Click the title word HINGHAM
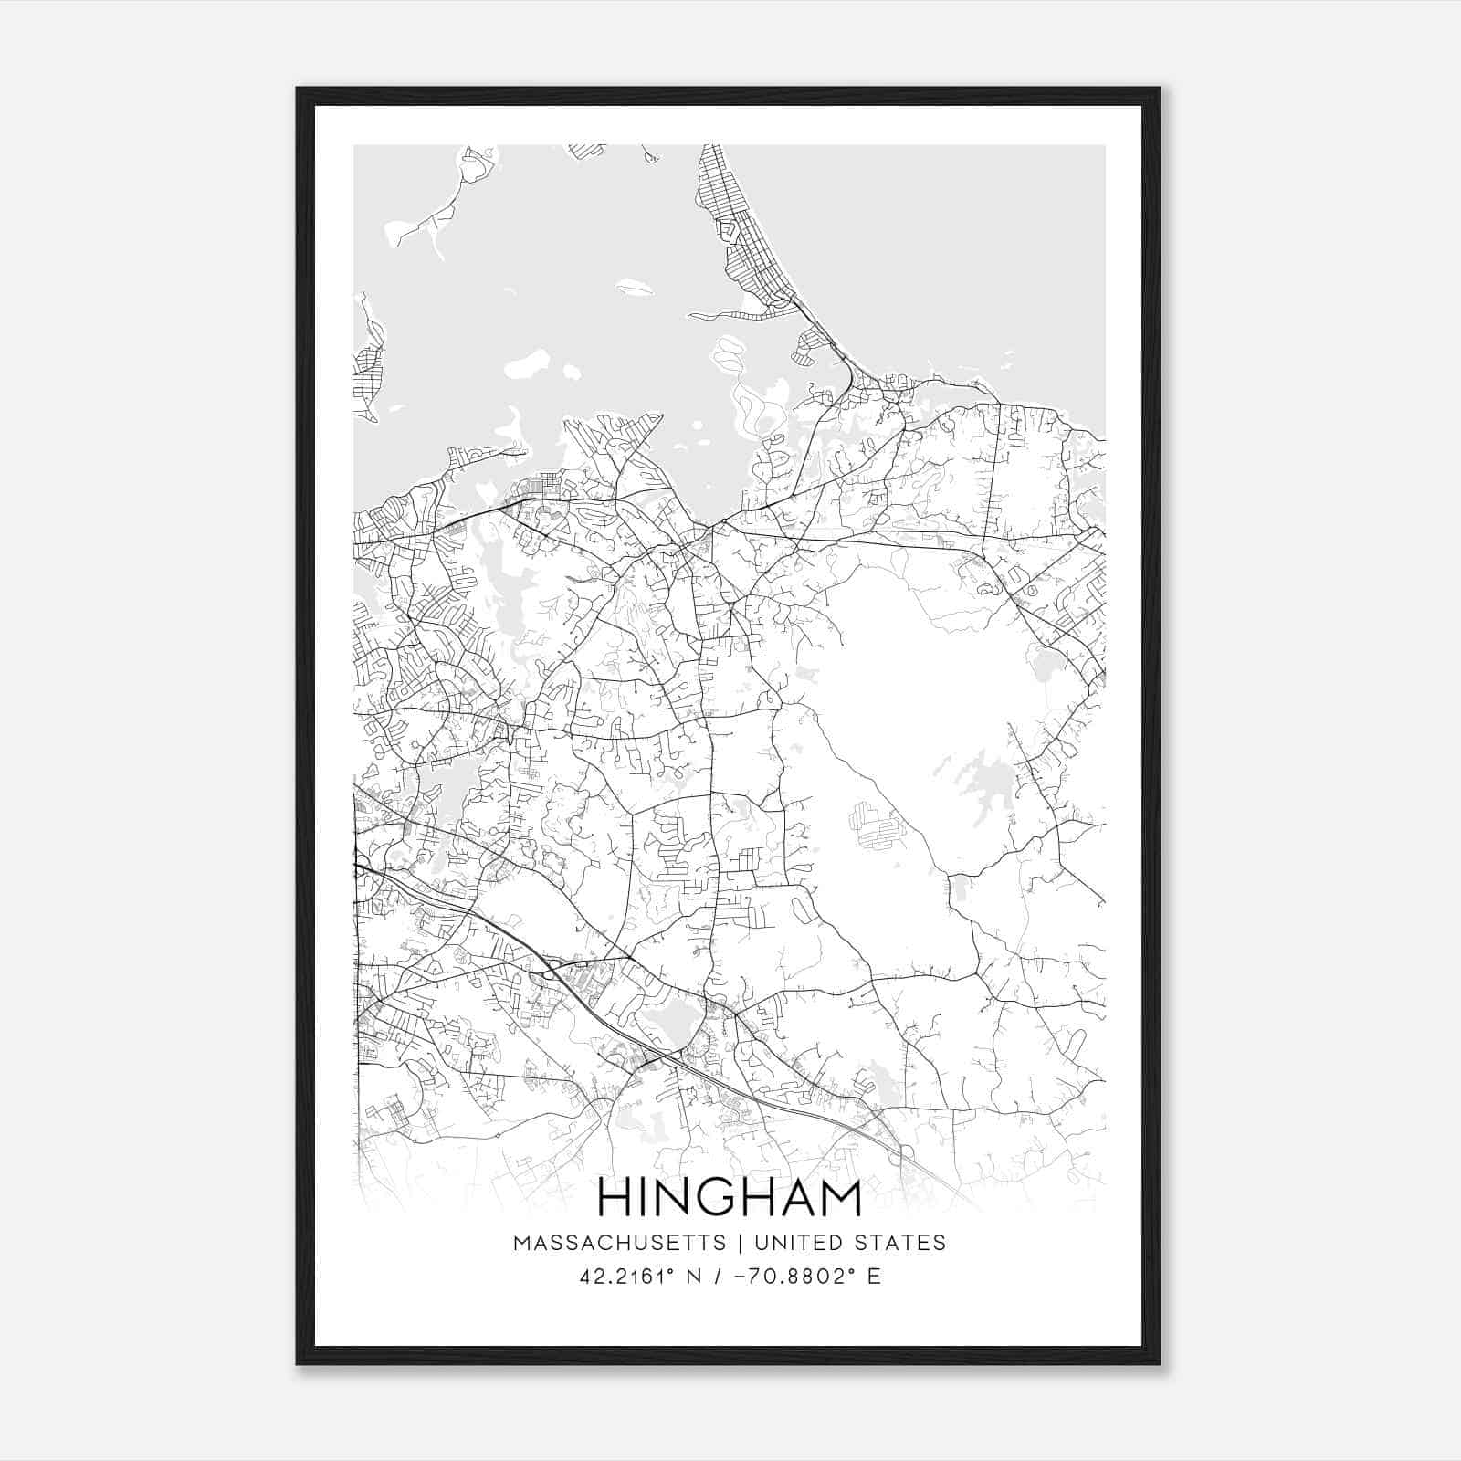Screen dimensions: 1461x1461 730,1199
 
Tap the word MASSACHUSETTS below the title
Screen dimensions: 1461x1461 620,1243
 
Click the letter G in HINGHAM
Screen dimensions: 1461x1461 717,1199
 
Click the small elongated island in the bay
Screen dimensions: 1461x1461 636,289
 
